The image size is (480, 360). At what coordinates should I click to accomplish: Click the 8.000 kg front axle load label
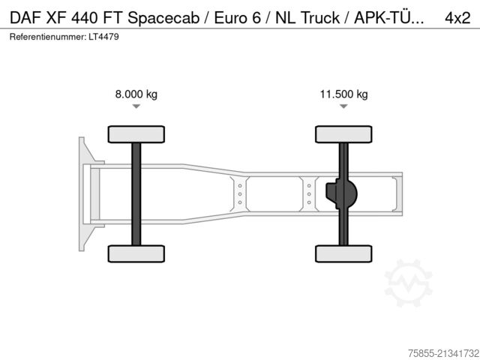click(x=136, y=94)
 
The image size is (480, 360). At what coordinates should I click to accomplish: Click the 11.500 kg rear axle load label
click(x=343, y=94)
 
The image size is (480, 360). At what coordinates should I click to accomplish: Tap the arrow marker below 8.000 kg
click(x=136, y=107)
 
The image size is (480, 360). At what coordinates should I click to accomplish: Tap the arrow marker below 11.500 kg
click(x=343, y=107)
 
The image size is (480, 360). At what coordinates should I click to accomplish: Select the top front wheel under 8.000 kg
click(x=136, y=133)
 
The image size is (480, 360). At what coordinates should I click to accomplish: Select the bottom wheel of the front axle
click(x=136, y=253)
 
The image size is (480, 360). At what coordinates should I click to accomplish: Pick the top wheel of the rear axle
click(x=343, y=133)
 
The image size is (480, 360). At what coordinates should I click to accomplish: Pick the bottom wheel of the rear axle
click(x=343, y=253)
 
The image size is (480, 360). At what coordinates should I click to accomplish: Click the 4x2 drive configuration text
click(x=457, y=18)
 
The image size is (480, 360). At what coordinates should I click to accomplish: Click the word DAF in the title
click(x=25, y=18)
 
